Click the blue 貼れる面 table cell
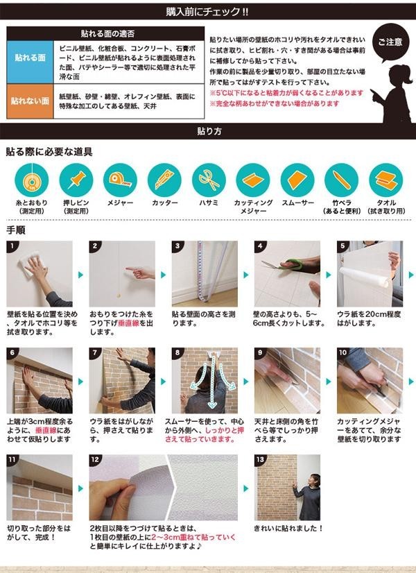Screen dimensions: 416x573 (x=30, y=62)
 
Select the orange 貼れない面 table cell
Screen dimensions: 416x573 (x=30, y=101)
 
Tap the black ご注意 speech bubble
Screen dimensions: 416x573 (x=390, y=43)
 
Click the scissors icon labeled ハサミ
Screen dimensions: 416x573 (x=209, y=180)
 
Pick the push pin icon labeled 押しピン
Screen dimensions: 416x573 (x=76, y=180)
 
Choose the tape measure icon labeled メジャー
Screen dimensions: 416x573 (x=120, y=180)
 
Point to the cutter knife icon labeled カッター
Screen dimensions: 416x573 (x=164, y=180)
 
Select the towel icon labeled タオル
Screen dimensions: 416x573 (x=385, y=180)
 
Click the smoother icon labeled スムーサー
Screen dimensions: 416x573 (x=297, y=180)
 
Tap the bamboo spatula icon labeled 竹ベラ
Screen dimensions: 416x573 (x=342, y=180)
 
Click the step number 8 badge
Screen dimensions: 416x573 (x=177, y=352)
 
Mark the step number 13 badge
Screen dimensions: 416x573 (x=260, y=460)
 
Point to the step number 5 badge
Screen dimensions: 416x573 (x=343, y=246)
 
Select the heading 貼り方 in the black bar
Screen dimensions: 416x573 (x=209, y=131)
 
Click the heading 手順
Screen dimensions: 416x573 (x=16, y=230)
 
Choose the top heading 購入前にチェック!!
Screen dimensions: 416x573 (x=207, y=12)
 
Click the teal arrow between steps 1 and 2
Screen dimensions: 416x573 (x=80, y=275)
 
